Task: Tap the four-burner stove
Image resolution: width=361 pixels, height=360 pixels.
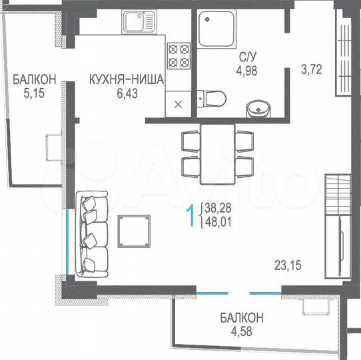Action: (179, 55)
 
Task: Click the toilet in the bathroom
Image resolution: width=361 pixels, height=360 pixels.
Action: (213, 99)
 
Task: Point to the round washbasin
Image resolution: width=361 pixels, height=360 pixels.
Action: (256, 107)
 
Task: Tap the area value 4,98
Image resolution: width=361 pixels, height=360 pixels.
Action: (244, 69)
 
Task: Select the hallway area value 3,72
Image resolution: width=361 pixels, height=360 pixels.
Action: (310, 68)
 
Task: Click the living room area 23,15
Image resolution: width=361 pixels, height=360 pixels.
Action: (288, 265)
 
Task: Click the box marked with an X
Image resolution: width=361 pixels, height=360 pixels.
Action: (178, 103)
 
